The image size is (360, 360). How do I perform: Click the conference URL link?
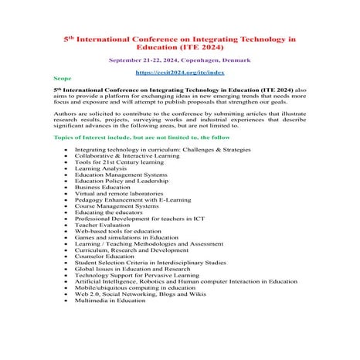tap(179, 72)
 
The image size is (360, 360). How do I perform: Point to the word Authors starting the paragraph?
tap(66, 112)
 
